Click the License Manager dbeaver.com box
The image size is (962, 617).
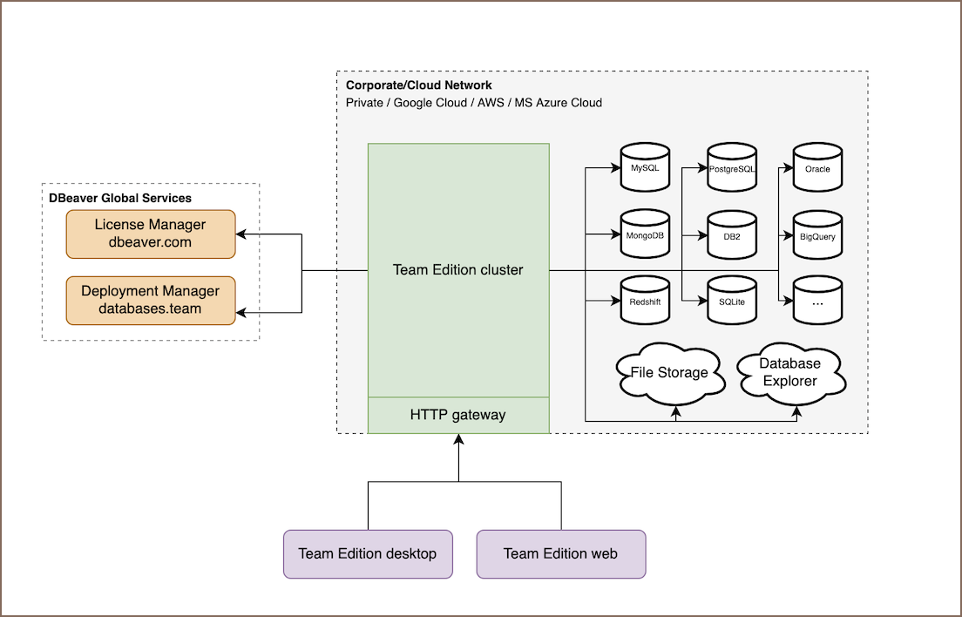point(151,234)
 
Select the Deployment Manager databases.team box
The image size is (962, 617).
point(151,300)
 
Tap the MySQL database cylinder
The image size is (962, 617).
point(645,167)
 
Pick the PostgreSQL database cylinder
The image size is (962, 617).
point(732,167)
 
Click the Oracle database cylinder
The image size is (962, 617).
point(817,168)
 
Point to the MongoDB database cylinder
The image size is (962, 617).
point(645,235)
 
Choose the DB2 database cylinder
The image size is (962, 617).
point(732,235)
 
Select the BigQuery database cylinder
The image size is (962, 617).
point(817,235)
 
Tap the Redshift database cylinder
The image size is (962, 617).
point(645,302)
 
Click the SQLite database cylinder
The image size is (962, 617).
point(732,302)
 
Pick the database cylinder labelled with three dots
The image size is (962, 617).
point(817,302)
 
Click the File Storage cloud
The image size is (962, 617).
point(669,373)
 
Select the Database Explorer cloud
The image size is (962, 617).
point(789,372)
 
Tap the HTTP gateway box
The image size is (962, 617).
point(458,415)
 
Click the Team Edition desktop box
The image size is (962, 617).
point(368,553)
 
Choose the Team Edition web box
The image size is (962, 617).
point(560,553)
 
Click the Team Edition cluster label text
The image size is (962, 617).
point(458,270)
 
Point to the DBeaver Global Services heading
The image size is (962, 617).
point(120,198)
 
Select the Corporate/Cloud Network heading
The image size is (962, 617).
point(419,85)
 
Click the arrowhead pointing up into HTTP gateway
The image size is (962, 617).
point(458,440)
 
